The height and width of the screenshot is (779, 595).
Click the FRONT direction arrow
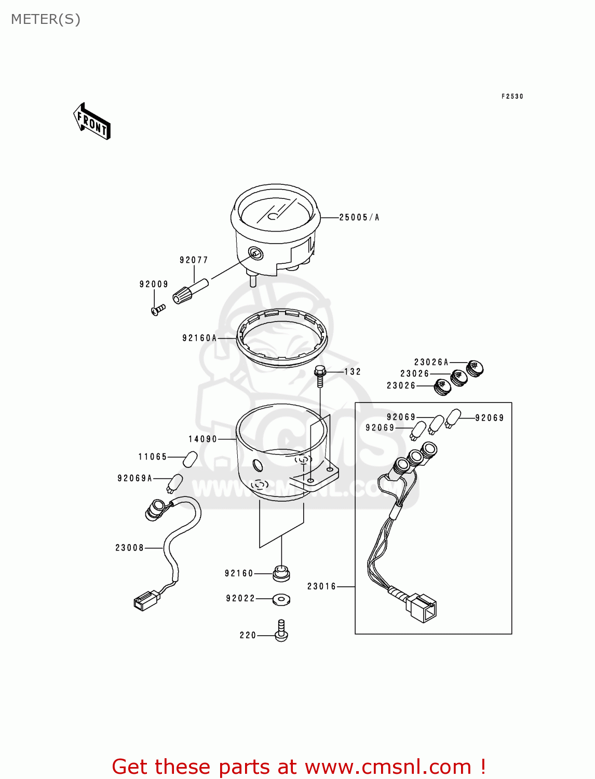pyautogui.click(x=92, y=122)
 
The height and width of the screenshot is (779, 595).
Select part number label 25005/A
pyautogui.click(x=359, y=218)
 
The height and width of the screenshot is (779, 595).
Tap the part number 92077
pyautogui.click(x=194, y=260)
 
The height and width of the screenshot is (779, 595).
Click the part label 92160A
pyautogui.click(x=199, y=338)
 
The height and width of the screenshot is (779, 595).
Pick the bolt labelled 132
pyautogui.click(x=320, y=375)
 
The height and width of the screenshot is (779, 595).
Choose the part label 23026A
pyautogui.click(x=431, y=362)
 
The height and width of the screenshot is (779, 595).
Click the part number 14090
pyautogui.click(x=202, y=439)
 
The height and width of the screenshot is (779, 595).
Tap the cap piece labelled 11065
pyautogui.click(x=190, y=459)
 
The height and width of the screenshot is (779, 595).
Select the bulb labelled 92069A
pyautogui.click(x=174, y=483)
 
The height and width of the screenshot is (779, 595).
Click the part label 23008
pyautogui.click(x=129, y=548)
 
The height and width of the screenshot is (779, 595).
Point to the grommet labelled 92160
pyautogui.click(x=281, y=573)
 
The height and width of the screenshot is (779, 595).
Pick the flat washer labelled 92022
pyautogui.click(x=281, y=599)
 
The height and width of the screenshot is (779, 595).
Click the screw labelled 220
pyautogui.click(x=281, y=631)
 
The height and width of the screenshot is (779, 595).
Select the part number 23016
pyautogui.click(x=321, y=586)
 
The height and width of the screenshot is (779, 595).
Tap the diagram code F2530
pyautogui.click(x=512, y=97)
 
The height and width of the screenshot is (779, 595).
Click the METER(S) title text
pyautogui.click(x=46, y=20)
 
